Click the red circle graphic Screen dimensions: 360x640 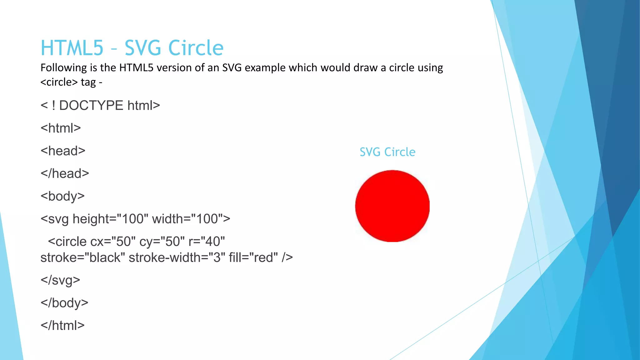point(392,206)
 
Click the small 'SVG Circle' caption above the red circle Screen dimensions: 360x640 point(387,152)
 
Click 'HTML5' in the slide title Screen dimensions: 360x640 point(72,48)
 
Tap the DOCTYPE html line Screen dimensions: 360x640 point(100,106)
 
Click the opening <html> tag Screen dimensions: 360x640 point(61,128)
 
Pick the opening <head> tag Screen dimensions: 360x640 point(63,151)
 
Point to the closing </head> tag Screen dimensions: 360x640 point(65,173)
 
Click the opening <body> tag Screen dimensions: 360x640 point(62,196)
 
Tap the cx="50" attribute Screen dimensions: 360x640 point(113,242)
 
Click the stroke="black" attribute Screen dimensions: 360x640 point(83,258)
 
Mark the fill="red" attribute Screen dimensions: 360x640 point(253,258)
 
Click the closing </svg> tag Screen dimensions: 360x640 point(60,280)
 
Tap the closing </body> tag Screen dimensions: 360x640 point(64,303)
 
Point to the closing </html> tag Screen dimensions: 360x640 point(62,326)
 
